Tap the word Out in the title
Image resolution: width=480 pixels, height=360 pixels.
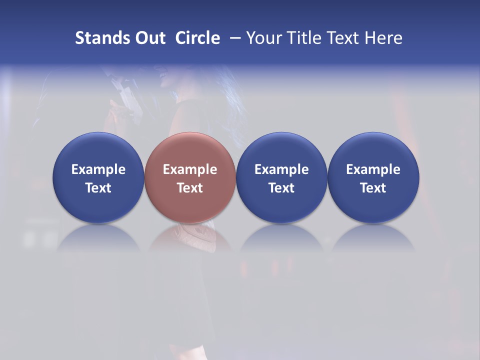[149, 38]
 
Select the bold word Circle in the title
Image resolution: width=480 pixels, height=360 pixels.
[197, 38]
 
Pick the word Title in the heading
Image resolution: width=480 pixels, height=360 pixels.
[304, 38]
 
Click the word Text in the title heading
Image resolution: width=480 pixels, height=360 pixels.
[343, 38]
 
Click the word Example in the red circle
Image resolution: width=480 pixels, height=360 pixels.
[190, 169]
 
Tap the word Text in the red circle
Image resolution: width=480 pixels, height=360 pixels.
[190, 188]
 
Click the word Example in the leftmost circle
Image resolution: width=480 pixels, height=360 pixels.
[98, 169]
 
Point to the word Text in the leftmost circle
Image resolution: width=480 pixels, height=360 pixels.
[98, 188]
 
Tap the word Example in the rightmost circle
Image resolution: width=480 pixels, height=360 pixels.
[373, 169]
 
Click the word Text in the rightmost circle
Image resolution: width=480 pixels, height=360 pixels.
[373, 188]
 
